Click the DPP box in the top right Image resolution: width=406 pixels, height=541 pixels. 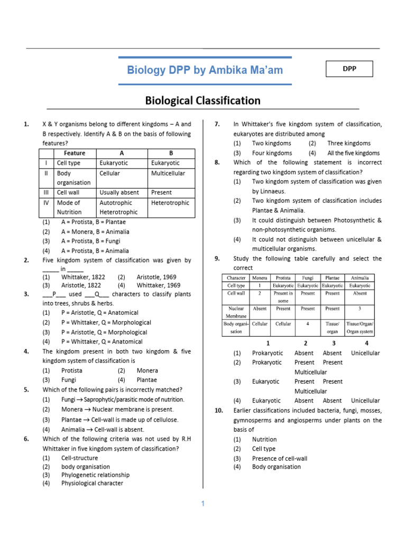pyautogui.click(x=349, y=69)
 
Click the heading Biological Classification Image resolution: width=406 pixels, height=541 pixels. pyautogui.click(x=203, y=100)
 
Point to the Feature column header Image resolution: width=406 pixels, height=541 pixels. pyautogui.click(x=75, y=153)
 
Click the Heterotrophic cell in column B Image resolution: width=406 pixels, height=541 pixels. pyautogui.click(x=170, y=203)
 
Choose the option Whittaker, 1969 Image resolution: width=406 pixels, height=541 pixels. pyautogui.click(x=159, y=285)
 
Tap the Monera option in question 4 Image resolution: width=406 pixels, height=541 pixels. pyautogui.click(x=147, y=371)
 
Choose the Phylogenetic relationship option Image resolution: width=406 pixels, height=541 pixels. pyautogui.click(x=95, y=474)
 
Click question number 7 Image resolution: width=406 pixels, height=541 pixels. pyautogui.click(x=217, y=124)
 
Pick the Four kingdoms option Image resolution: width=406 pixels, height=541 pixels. pyautogui.click(x=272, y=153)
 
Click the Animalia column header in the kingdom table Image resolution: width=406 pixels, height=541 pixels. pyautogui.click(x=359, y=277)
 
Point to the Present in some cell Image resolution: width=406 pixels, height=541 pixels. pyautogui.click(x=283, y=296)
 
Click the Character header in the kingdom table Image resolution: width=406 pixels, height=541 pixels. pyautogui.click(x=236, y=277)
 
